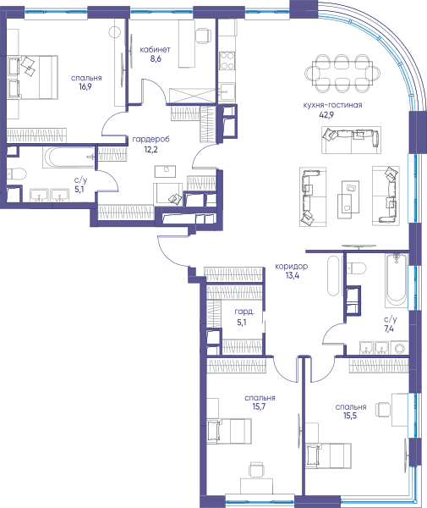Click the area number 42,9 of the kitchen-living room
[x=326, y=114]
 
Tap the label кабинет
[x=155, y=50]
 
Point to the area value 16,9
[x=85, y=86]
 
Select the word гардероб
[x=151, y=140]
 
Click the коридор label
[x=291, y=267]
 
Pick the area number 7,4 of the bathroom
[x=389, y=329]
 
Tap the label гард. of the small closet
[x=244, y=312]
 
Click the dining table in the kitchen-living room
[x=343, y=73]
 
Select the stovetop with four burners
[x=227, y=61]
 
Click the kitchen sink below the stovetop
[x=227, y=92]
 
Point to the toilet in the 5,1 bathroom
[x=16, y=174]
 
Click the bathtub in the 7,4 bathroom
[x=397, y=280]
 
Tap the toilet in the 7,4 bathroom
[x=357, y=268]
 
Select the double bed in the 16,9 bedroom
[x=32, y=77]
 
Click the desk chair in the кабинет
[x=203, y=36]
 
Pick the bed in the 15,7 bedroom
[x=229, y=431]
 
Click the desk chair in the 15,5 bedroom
[x=383, y=410]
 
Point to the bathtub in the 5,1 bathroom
[x=68, y=157]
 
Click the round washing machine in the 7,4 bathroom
[x=399, y=348]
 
